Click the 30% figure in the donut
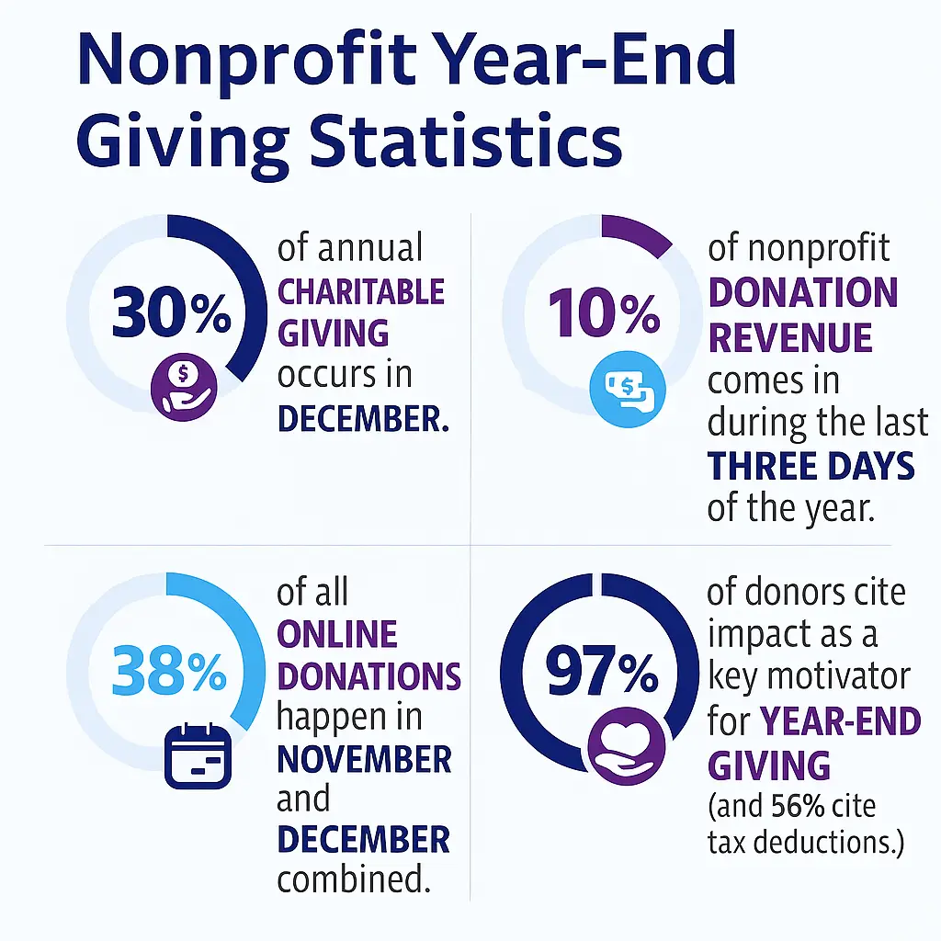pyautogui.click(x=172, y=315)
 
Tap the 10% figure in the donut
pyautogui.click(x=604, y=315)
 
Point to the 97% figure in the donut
pyautogui.click(x=602, y=674)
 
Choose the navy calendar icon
pyautogui.click(x=198, y=755)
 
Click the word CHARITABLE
pyautogui.click(x=360, y=293)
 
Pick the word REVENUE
pyautogui.click(x=789, y=338)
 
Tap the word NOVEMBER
pyautogui.click(x=364, y=760)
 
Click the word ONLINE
pyautogui.click(x=337, y=634)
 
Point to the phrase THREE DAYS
pyautogui.click(x=811, y=467)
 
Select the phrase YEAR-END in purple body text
pyautogui.click(x=841, y=721)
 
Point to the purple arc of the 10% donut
pyautogui.click(x=637, y=233)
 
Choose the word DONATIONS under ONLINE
pyautogui.click(x=368, y=676)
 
